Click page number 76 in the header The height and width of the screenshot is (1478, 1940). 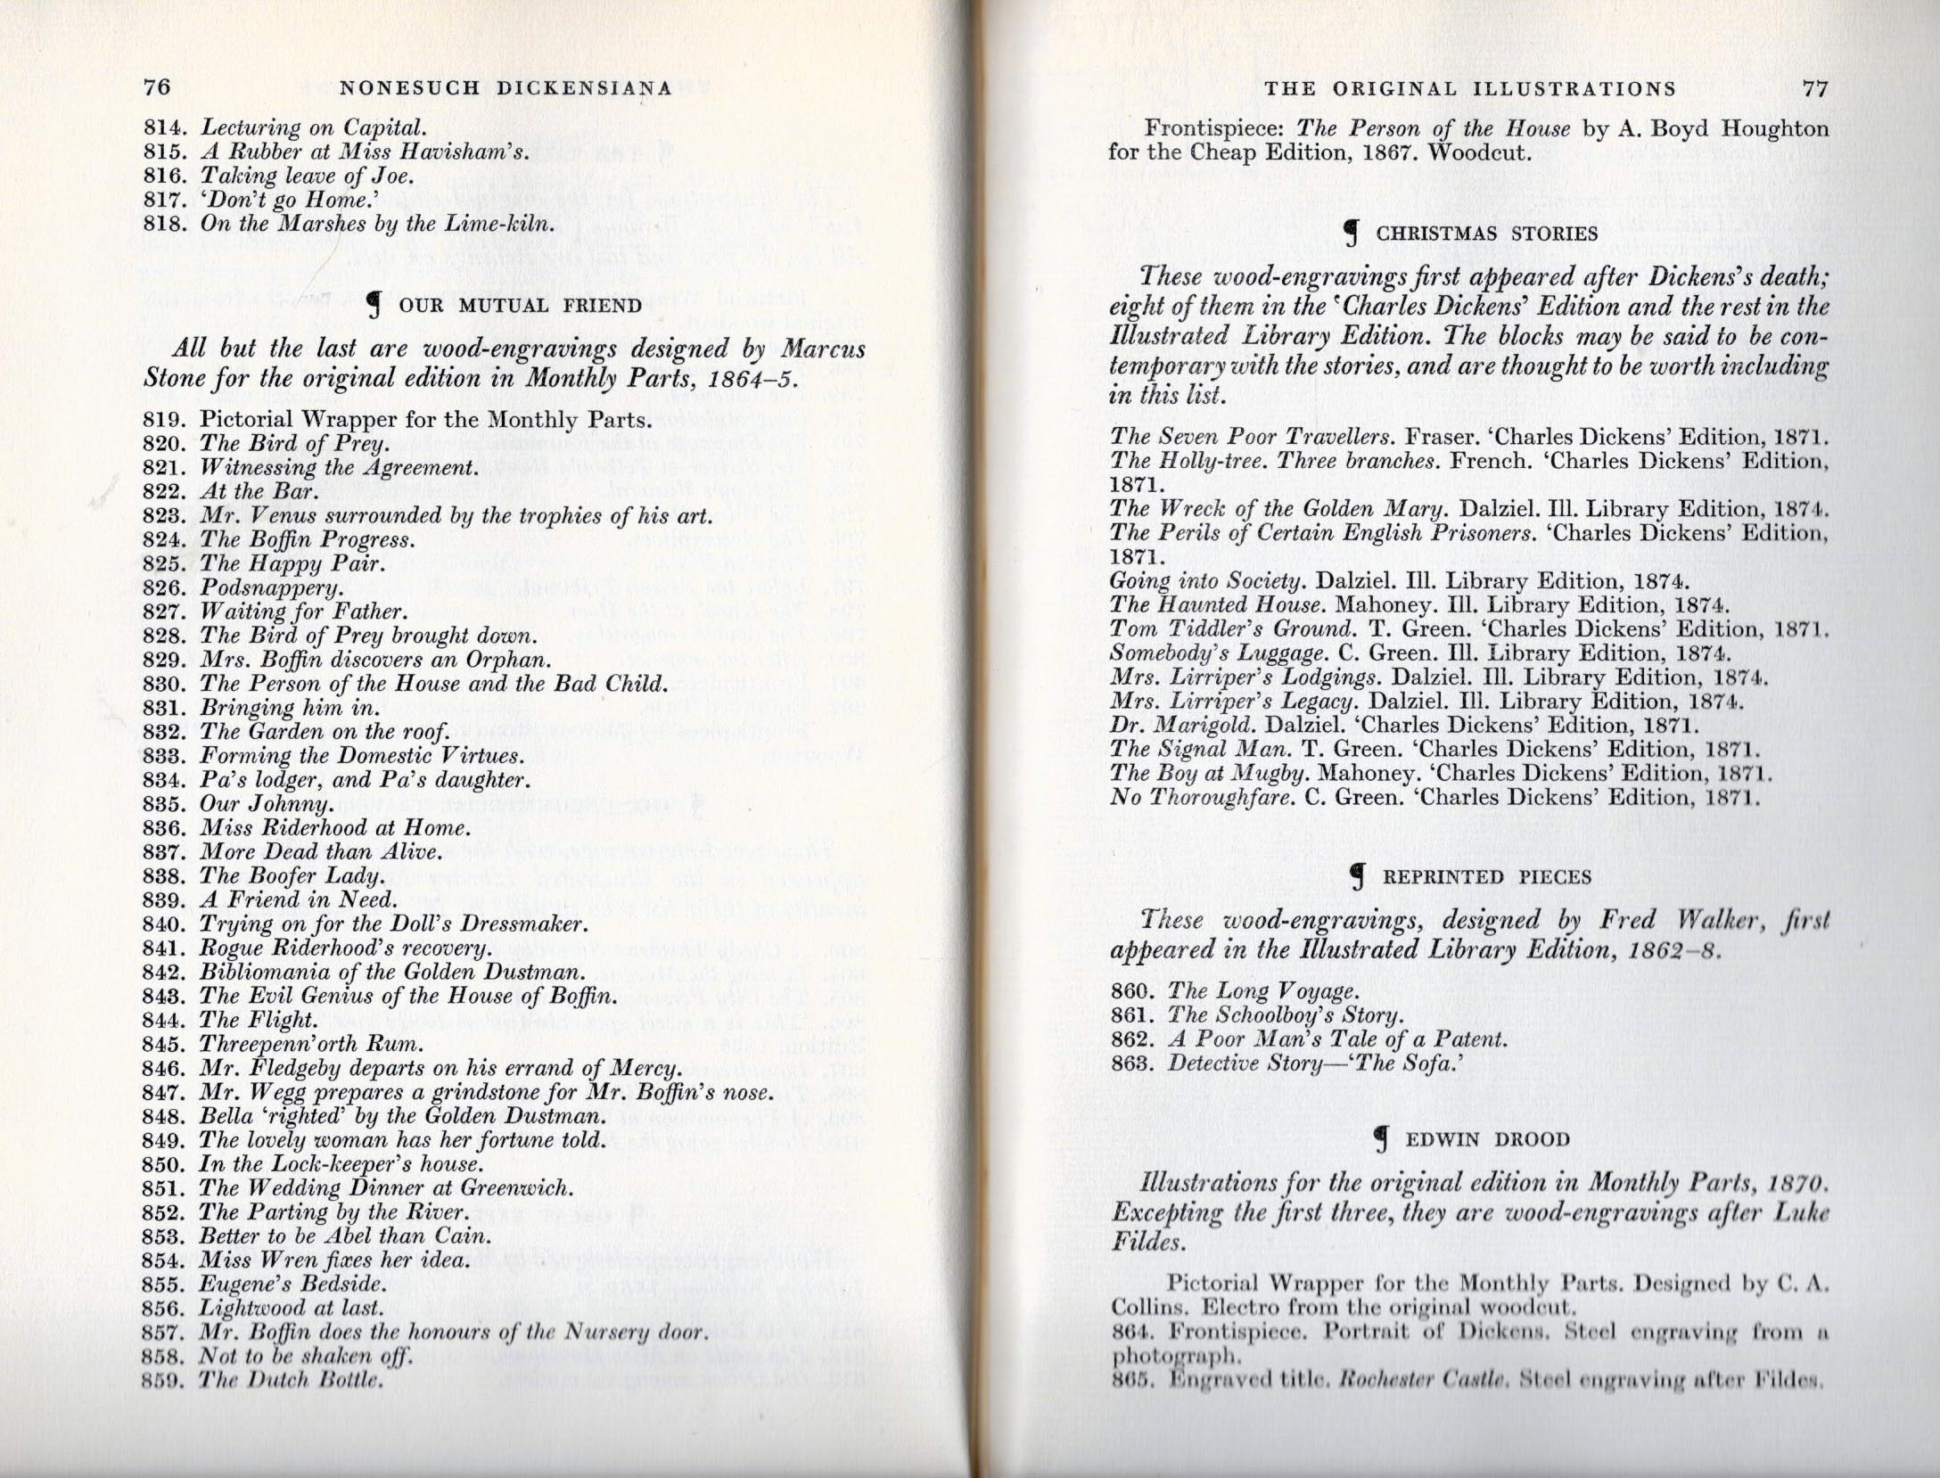pos(157,87)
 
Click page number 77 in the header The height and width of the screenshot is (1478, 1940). pos(1815,88)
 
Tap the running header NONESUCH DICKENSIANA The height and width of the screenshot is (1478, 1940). pos(506,88)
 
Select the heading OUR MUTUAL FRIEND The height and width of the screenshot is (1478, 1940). pos(520,306)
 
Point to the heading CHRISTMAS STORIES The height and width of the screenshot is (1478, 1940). pos(1486,234)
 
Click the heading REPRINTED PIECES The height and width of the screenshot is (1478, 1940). pos(1486,877)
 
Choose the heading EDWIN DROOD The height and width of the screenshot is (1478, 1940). pos(1487,1140)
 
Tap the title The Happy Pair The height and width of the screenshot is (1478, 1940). pos(292,564)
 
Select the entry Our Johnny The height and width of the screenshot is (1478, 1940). pos(266,804)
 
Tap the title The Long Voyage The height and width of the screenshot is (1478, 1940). pos(1263,991)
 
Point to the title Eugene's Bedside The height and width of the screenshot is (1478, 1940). pos(293,1285)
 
